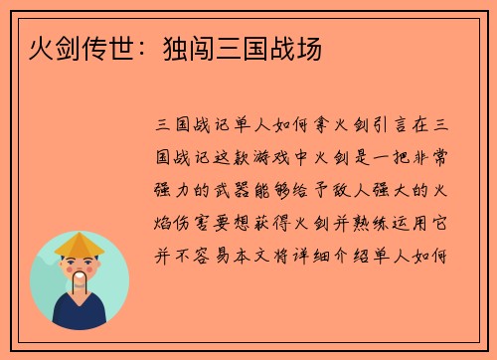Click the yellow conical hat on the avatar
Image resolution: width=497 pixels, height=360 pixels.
(x=80, y=244)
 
